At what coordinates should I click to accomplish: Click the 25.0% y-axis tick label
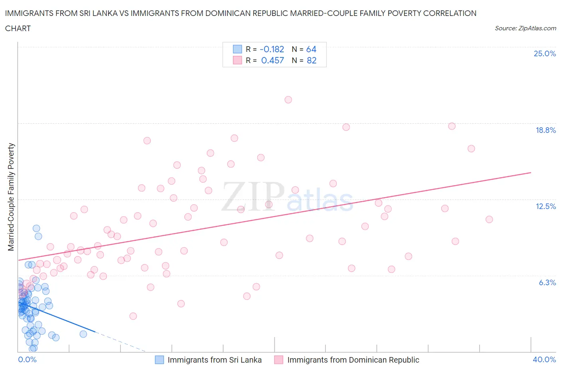pyautogui.click(x=545, y=53)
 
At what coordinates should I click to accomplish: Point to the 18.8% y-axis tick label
pyautogui.click(x=545, y=130)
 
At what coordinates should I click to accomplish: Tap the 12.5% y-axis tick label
pyautogui.click(x=545, y=206)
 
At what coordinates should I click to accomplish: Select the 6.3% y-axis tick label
pyautogui.click(x=547, y=282)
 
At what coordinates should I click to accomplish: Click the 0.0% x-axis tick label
pyautogui.click(x=27, y=359)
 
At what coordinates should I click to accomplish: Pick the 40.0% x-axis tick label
pyautogui.click(x=544, y=359)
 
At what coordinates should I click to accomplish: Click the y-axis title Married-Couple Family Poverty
pyautogui.click(x=11, y=197)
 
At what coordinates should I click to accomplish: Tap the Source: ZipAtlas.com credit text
pyautogui.click(x=525, y=28)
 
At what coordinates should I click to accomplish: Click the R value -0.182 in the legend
pyautogui.click(x=272, y=49)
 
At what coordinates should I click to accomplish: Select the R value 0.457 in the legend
pyautogui.click(x=273, y=61)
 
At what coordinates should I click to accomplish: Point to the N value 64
pyautogui.click(x=311, y=49)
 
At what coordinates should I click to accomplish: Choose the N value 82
pyautogui.click(x=312, y=61)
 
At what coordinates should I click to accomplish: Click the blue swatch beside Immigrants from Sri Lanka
pyautogui.click(x=159, y=360)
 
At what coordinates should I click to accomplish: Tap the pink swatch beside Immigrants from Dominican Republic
pyautogui.click(x=279, y=360)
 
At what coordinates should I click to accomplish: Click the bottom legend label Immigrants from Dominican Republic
pyautogui.click(x=353, y=360)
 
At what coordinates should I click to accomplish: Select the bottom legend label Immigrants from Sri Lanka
pyautogui.click(x=215, y=360)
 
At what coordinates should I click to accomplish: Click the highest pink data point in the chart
pyautogui.click(x=288, y=100)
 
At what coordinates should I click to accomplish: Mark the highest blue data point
pyautogui.click(x=36, y=228)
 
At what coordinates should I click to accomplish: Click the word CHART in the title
pyautogui.click(x=18, y=28)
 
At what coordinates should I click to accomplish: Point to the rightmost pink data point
pyautogui.click(x=489, y=219)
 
